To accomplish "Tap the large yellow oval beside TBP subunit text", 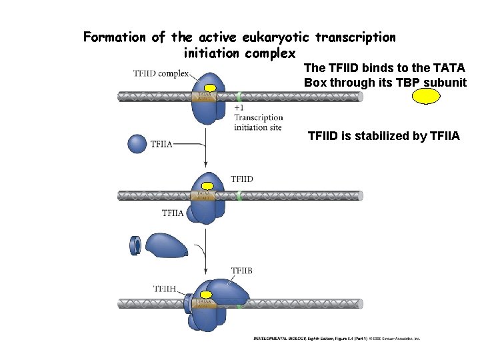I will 426,97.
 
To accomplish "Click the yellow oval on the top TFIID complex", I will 211,88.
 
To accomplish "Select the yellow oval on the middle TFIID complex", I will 207,186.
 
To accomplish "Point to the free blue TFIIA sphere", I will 136,143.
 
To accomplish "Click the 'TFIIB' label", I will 241,271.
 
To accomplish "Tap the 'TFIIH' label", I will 165,289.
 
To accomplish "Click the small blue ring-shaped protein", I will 135,245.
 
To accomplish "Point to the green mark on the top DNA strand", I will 239,96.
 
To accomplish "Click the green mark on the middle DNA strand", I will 238,195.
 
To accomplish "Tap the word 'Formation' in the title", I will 115,37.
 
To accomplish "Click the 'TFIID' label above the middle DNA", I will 242,179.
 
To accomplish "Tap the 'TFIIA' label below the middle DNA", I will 173,213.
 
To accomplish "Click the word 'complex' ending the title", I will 269,52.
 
